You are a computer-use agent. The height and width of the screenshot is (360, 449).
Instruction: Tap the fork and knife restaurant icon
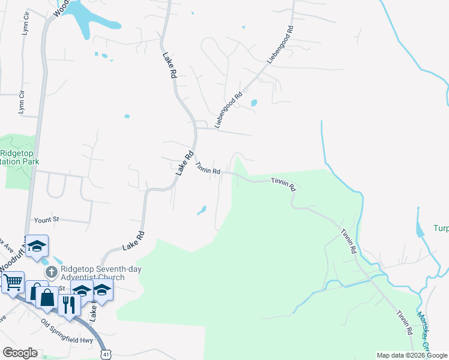69,304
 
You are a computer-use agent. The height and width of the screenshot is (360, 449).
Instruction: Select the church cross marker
52,271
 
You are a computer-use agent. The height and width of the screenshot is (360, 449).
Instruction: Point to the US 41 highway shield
106,355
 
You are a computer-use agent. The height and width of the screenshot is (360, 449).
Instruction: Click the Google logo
20,353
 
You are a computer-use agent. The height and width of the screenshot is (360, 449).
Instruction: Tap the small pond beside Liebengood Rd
253,103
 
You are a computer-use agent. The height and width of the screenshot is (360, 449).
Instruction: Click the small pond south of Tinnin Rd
202,210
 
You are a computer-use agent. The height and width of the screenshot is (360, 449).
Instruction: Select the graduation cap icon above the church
36,246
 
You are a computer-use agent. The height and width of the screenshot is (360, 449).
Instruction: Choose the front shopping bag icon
46,296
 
